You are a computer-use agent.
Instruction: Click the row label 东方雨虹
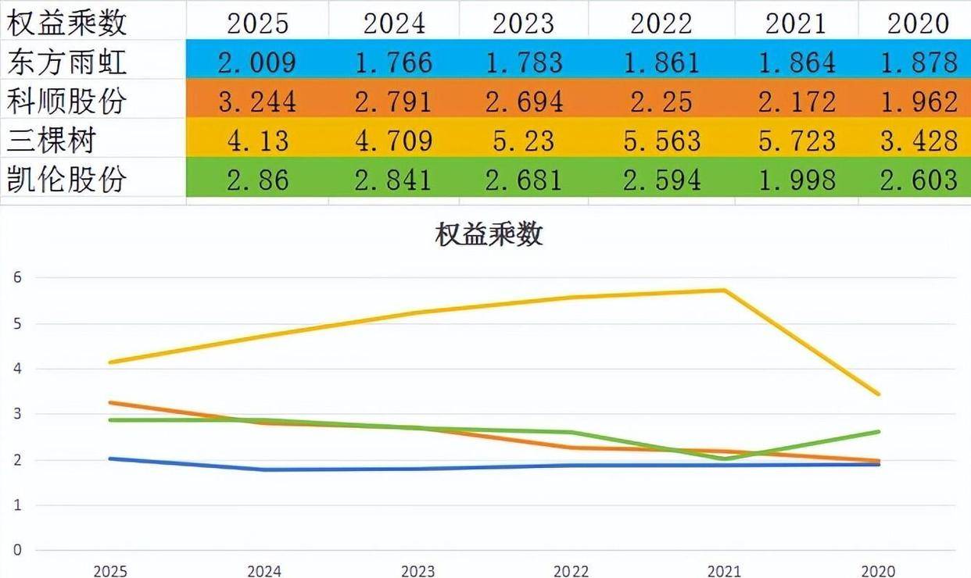[66, 62]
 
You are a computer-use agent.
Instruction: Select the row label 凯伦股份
[66, 180]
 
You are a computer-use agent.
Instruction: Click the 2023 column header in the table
[523, 23]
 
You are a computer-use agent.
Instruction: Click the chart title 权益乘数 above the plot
[489, 235]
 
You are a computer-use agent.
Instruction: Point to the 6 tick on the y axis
[17, 277]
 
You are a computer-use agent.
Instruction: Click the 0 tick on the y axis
[17, 550]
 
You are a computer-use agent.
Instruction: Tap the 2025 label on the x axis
[109, 571]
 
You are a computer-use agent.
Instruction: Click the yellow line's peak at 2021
[725, 291]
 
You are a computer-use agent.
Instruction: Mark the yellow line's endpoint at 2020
[879, 394]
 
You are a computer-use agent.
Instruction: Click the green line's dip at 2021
[725, 459]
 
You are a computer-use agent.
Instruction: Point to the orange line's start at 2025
[109, 403]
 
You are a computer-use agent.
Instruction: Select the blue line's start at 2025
[109, 458]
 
